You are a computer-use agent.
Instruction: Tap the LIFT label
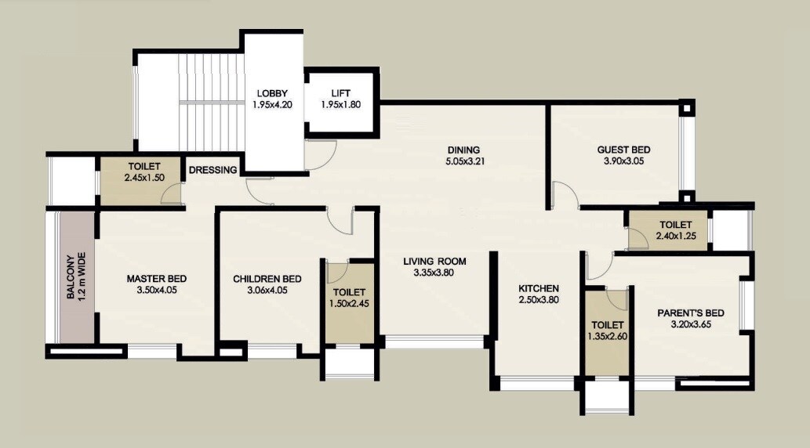coord(340,93)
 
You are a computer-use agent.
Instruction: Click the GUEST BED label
coord(623,150)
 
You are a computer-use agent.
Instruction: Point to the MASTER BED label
coord(156,278)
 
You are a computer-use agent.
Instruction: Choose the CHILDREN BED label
coord(267,278)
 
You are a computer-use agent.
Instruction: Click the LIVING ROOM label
coord(434,262)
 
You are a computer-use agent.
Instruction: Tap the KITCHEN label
coord(539,287)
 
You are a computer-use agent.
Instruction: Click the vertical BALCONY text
coord(71,277)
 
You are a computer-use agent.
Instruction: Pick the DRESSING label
coord(213,170)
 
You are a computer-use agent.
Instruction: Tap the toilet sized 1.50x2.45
coord(349,298)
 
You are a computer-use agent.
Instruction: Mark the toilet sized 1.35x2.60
coord(608,331)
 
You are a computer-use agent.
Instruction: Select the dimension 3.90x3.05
coord(623,162)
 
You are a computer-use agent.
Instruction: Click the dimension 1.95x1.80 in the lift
coord(340,104)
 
